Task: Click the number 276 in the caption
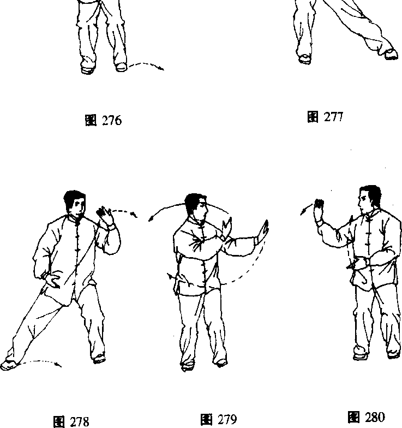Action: click(x=112, y=120)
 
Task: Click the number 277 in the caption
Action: click(x=333, y=117)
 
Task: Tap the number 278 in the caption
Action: click(x=80, y=421)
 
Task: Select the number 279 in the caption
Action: click(x=227, y=419)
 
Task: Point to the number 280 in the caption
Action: click(x=375, y=417)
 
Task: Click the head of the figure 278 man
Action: click(x=75, y=203)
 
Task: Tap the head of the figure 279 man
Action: click(x=196, y=206)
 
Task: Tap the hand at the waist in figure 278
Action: click(x=53, y=282)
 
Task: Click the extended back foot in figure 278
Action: click(x=9, y=365)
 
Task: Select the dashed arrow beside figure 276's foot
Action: click(x=146, y=66)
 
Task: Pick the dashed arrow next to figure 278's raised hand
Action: click(x=124, y=211)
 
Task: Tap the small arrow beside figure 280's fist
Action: click(x=306, y=210)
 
